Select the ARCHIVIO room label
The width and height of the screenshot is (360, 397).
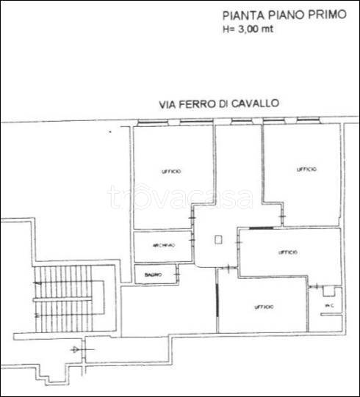tap(162, 246)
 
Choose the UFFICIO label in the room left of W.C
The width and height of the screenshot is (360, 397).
tap(264, 306)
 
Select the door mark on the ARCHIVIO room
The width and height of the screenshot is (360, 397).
tap(192, 240)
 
